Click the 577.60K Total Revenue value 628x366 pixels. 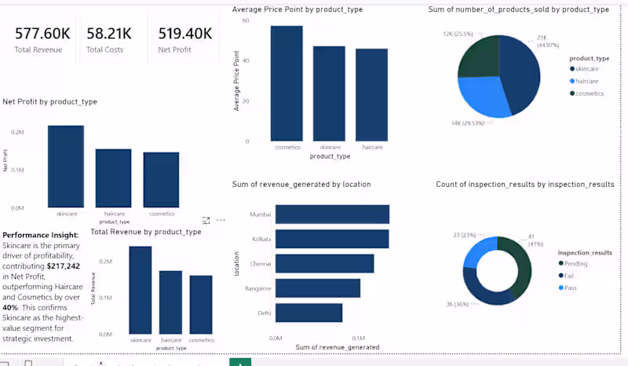[x=42, y=34]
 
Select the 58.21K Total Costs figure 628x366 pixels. [x=109, y=34]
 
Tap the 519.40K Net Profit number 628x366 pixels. [x=185, y=34]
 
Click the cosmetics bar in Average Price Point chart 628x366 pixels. [x=287, y=83]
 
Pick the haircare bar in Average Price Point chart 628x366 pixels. [x=371, y=94]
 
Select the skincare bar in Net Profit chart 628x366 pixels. [x=65, y=166]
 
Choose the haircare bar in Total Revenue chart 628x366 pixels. [x=170, y=302]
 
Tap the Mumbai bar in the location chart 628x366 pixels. [x=332, y=214]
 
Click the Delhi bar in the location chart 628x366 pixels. [x=309, y=313]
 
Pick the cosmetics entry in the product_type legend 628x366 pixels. [x=590, y=93]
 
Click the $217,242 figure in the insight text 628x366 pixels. [x=64, y=266]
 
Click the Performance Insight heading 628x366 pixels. [x=40, y=235]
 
